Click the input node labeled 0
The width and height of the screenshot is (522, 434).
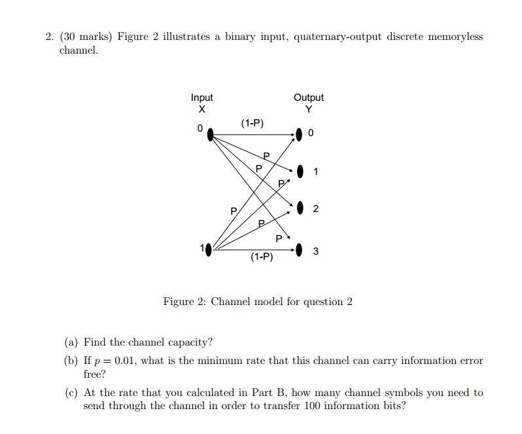tap(210, 135)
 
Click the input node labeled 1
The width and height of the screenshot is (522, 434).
tap(209, 250)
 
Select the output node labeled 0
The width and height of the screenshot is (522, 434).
tap(299, 135)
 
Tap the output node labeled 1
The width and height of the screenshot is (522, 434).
tap(300, 172)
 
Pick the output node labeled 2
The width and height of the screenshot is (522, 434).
tap(300, 208)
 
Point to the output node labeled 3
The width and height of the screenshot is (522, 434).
tap(299, 250)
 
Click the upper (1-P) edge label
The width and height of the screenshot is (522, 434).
tap(252, 123)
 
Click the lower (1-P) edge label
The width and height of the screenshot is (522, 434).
tap(262, 257)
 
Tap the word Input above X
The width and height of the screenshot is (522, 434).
tap(201, 98)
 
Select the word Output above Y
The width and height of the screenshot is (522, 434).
tap(309, 98)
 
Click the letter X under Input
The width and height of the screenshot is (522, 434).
tap(201, 109)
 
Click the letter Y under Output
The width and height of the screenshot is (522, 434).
tap(309, 109)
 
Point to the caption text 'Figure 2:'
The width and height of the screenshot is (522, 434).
tap(184, 302)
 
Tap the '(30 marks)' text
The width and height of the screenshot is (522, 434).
tap(86, 36)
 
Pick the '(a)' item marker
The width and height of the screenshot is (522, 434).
tap(71, 342)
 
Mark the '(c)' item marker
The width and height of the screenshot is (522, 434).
tap(71, 393)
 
